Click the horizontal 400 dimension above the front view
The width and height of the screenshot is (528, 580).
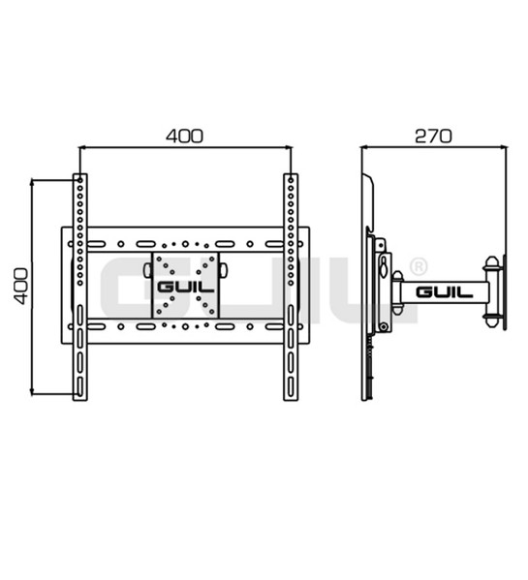click(x=184, y=136)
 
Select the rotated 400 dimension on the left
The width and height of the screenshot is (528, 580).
click(x=20, y=287)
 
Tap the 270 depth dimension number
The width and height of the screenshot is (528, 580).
click(x=433, y=136)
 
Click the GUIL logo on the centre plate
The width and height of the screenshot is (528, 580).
click(x=185, y=287)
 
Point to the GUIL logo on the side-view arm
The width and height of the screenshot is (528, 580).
click(x=444, y=292)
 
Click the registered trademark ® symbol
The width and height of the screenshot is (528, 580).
click(x=419, y=266)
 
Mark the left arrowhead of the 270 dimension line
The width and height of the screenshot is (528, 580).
click(x=365, y=147)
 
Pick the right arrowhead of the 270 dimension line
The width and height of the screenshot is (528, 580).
click(x=503, y=147)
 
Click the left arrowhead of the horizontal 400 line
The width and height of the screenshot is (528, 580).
click(x=82, y=147)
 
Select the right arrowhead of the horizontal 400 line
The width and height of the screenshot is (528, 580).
click(x=288, y=147)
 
